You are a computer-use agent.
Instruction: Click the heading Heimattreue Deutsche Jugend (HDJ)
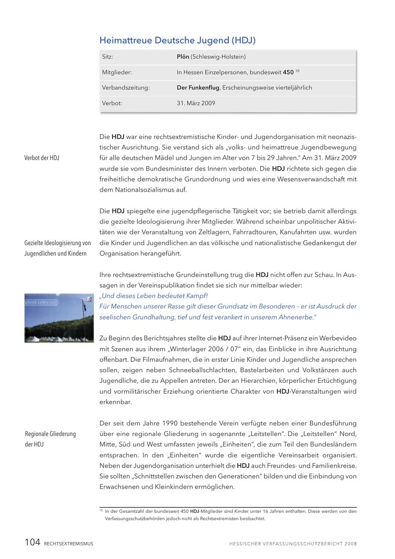pos(177,40)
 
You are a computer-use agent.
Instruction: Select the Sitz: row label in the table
pos(108,57)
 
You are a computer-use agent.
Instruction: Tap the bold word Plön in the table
pos(183,57)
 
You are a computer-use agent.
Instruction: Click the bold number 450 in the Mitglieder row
pos(288,72)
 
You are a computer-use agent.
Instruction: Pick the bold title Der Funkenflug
pos(198,87)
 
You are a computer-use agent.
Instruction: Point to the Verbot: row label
pos(112,103)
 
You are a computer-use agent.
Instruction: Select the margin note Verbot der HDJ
pos(42,158)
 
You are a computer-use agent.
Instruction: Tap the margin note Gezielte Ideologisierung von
pos(57,243)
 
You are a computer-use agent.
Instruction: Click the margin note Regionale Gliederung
pos(50,434)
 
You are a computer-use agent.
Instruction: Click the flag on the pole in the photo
pos(90,299)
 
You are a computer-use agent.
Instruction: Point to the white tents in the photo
pos(57,339)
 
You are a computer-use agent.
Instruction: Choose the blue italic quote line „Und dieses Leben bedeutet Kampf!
pos(154,296)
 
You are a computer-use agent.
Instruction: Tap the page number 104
pos(32,543)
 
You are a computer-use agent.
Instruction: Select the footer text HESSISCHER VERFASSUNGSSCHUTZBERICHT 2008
pos(293,544)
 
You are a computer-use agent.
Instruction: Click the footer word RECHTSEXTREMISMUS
pos(68,544)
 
